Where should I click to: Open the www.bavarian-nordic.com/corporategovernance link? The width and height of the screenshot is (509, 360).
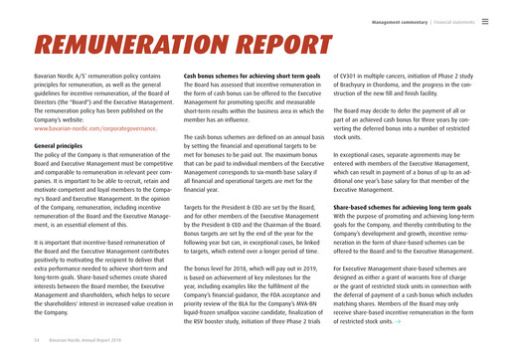[95, 128]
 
